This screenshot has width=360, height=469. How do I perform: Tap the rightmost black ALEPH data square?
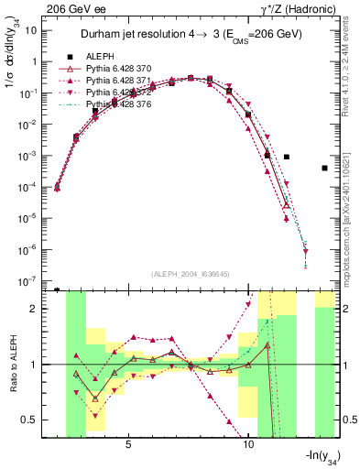325,169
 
